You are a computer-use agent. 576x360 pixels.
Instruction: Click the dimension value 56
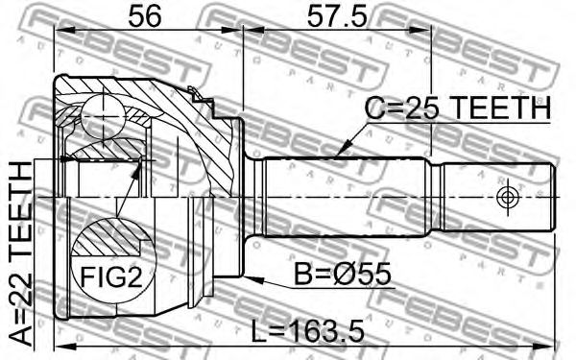[144, 16]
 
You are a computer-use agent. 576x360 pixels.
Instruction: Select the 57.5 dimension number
[337, 16]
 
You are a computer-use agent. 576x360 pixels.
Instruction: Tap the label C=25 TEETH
[458, 108]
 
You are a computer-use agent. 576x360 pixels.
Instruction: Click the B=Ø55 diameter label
[343, 275]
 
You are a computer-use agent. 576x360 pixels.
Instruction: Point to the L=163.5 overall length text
[308, 331]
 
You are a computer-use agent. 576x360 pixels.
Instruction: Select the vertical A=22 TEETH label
[20, 254]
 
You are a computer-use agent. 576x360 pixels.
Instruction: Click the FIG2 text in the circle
[111, 276]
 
